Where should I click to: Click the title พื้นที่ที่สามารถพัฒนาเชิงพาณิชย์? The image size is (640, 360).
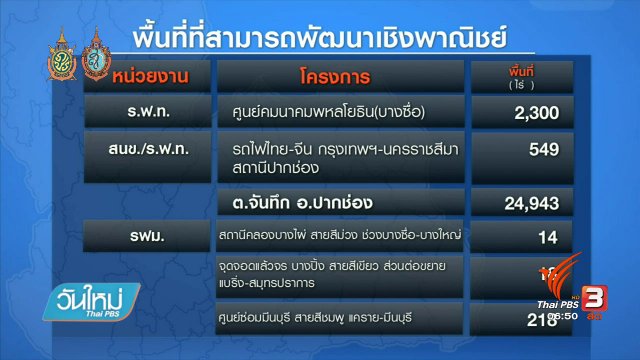[320, 37]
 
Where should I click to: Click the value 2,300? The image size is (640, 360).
[544, 115]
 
